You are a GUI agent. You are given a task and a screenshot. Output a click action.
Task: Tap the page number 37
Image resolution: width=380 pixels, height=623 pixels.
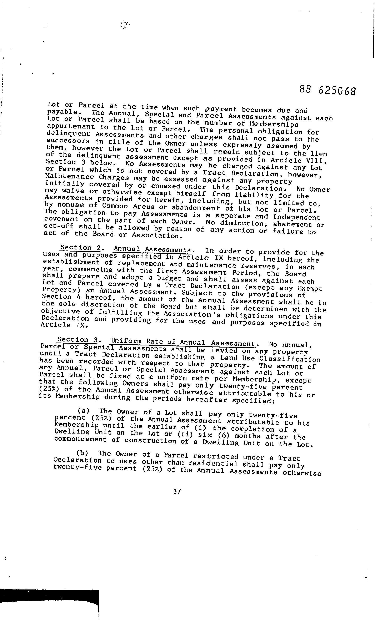coord(177,491)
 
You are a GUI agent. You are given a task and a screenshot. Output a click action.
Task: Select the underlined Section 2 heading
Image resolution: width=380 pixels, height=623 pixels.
coord(81,248)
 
